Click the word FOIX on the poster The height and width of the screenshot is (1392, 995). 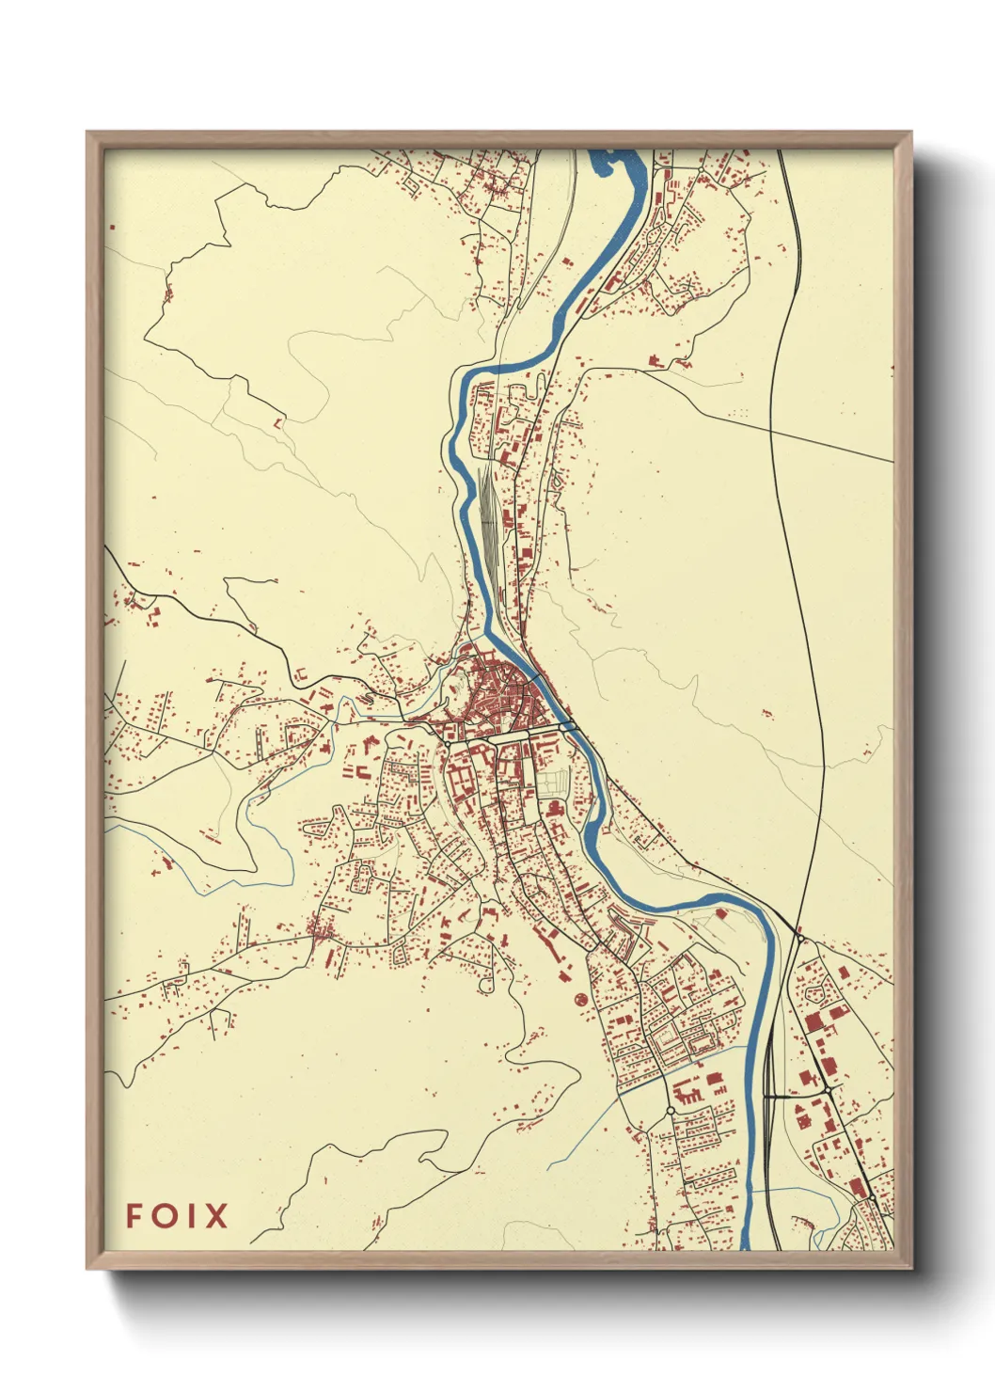click(177, 1216)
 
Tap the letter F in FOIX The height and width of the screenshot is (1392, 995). click(134, 1216)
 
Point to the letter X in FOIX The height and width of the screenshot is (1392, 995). click(217, 1216)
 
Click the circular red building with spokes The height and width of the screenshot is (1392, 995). click(580, 998)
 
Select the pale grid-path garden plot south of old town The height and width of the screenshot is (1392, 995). click(554, 781)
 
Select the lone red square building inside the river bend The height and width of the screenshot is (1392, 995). click(722, 912)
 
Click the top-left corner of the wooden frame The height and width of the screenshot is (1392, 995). click(88, 134)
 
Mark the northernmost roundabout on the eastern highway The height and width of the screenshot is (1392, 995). click(798, 937)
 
